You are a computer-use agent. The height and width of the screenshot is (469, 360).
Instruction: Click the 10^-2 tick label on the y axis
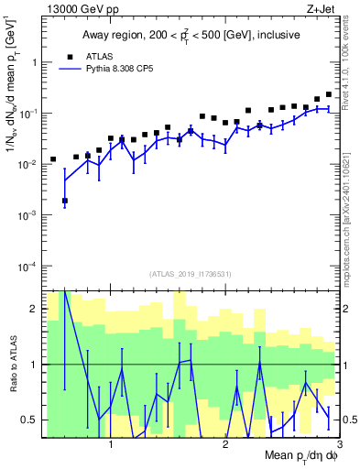[x=28, y=164]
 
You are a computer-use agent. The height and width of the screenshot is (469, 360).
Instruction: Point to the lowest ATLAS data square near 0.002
[x=65, y=201]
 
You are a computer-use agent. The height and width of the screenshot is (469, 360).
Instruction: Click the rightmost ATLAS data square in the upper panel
[x=329, y=94]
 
